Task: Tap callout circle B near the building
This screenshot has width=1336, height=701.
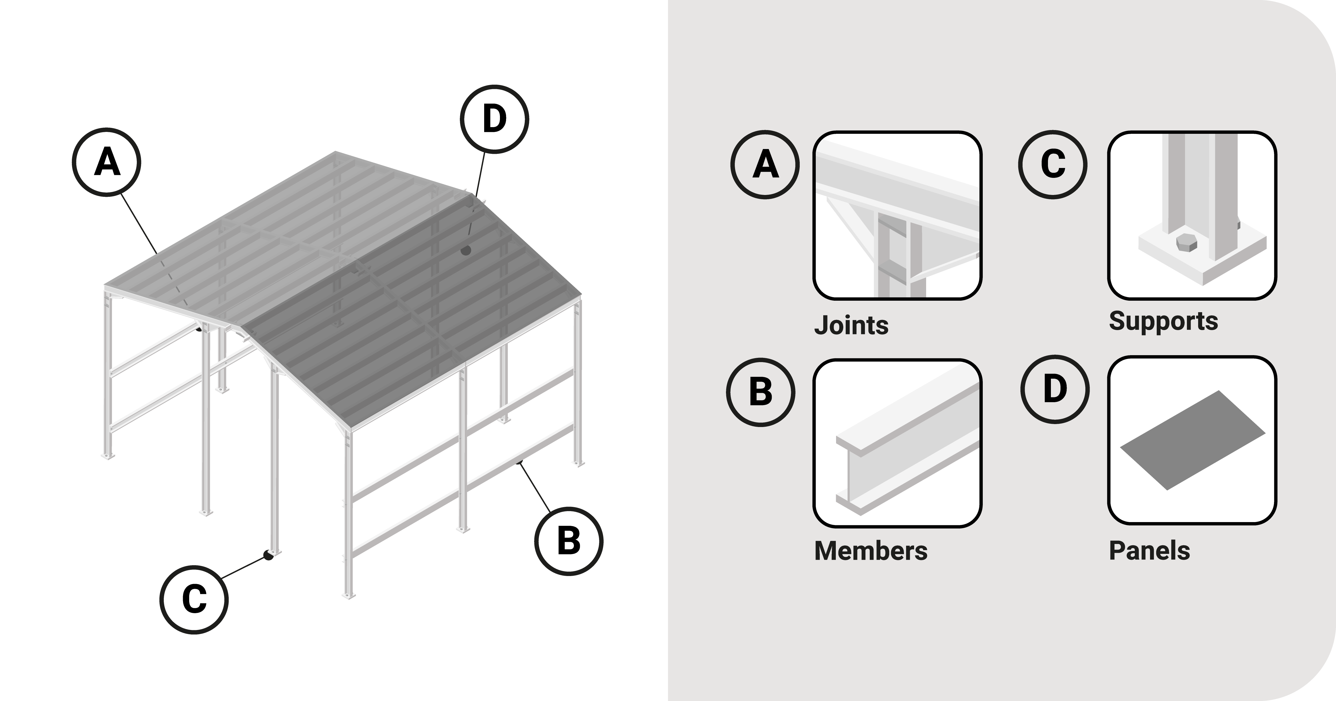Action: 569,541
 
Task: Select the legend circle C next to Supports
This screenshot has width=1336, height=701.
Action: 1053,165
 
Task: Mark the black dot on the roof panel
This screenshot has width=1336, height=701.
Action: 465,250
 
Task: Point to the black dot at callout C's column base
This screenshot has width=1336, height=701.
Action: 268,555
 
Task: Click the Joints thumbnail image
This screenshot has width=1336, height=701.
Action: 897,215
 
